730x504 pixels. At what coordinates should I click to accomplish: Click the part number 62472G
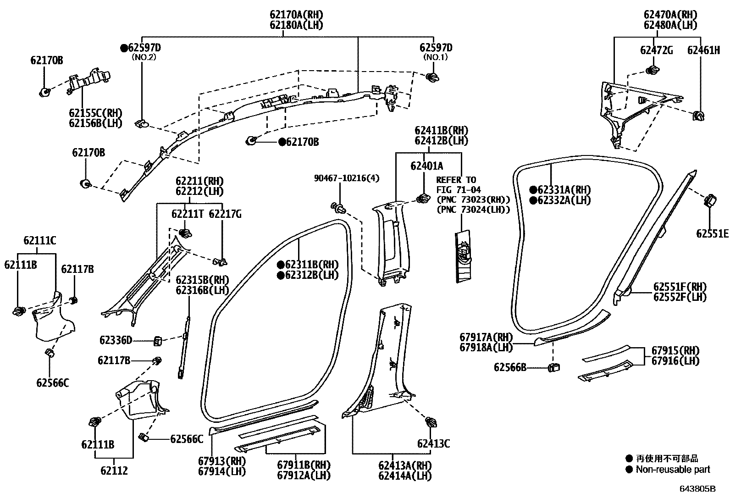pyautogui.click(x=656, y=50)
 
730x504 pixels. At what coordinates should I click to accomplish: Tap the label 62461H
pyautogui.click(x=703, y=50)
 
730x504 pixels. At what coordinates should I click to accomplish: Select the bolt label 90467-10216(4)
pyautogui.click(x=347, y=178)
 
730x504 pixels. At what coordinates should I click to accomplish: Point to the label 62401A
pyautogui.click(x=426, y=166)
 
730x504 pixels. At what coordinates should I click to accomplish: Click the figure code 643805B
pyautogui.click(x=697, y=489)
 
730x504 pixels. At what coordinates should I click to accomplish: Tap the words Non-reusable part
pyautogui.click(x=673, y=470)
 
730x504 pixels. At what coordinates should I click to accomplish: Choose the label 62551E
pyautogui.click(x=712, y=233)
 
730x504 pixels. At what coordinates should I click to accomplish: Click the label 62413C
pyautogui.click(x=433, y=443)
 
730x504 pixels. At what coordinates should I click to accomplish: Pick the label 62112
pyautogui.click(x=114, y=471)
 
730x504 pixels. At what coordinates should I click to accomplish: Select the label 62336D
pyautogui.click(x=116, y=340)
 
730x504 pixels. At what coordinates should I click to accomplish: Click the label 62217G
pyautogui.click(x=225, y=214)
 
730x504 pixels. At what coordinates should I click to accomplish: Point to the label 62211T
pyautogui.click(x=188, y=214)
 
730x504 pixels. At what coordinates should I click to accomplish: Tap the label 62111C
pyautogui.click(x=40, y=241)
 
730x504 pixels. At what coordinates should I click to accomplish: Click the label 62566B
pyautogui.click(x=510, y=367)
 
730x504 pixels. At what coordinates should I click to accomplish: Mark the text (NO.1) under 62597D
pyautogui.click(x=436, y=57)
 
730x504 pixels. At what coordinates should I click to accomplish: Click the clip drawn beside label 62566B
pyautogui.click(x=554, y=368)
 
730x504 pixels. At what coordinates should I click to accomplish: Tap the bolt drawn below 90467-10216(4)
pyautogui.click(x=338, y=208)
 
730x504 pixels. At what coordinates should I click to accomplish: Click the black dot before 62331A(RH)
pyautogui.click(x=533, y=190)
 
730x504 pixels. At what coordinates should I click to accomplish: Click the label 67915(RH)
pyautogui.click(x=675, y=350)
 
